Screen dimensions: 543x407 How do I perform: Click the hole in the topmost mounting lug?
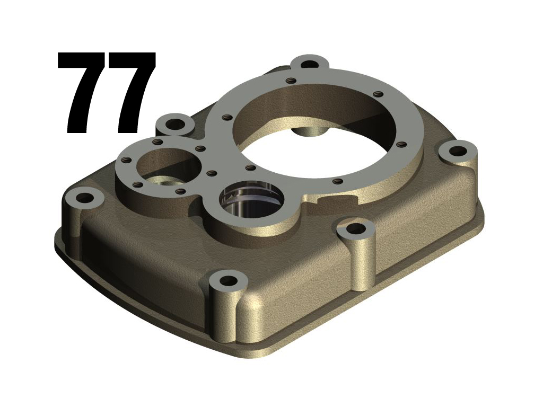click(309, 64)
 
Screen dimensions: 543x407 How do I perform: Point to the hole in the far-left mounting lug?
click(84, 198)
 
